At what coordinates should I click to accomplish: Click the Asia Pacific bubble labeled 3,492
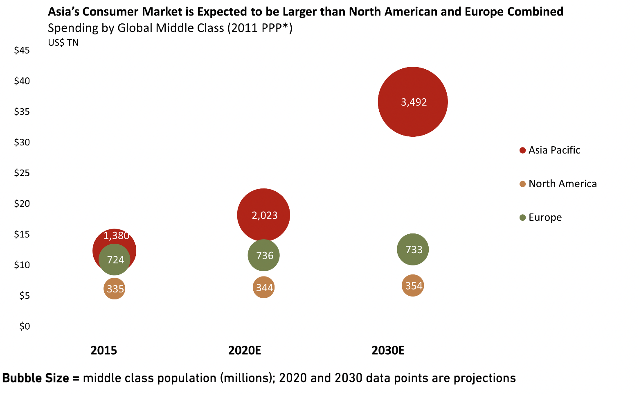click(x=413, y=102)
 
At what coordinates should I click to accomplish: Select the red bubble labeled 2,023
click(x=263, y=215)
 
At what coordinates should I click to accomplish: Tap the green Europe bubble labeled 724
click(x=115, y=260)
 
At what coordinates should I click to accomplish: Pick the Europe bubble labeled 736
click(x=264, y=255)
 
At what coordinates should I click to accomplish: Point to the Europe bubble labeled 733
click(x=413, y=249)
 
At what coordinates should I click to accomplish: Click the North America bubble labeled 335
click(x=115, y=289)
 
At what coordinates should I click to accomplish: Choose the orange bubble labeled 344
click(x=264, y=288)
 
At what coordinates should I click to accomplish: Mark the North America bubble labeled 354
click(x=413, y=285)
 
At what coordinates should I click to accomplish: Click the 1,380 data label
click(x=116, y=235)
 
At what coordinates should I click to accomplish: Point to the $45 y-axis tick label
click(x=22, y=50)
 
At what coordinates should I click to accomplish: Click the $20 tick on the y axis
click(x=22, y=204)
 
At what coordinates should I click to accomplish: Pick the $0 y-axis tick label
click(x=25, y=326)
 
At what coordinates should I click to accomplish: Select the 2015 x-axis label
click(x=103, y=351)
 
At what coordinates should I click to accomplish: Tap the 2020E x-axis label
click(x=245, y=351)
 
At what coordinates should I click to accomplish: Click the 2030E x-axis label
click(x=388, y=351)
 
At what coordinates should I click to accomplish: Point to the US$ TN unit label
click(x=63, y=43)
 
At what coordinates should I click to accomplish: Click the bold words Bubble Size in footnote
click(x=36, y=378)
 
